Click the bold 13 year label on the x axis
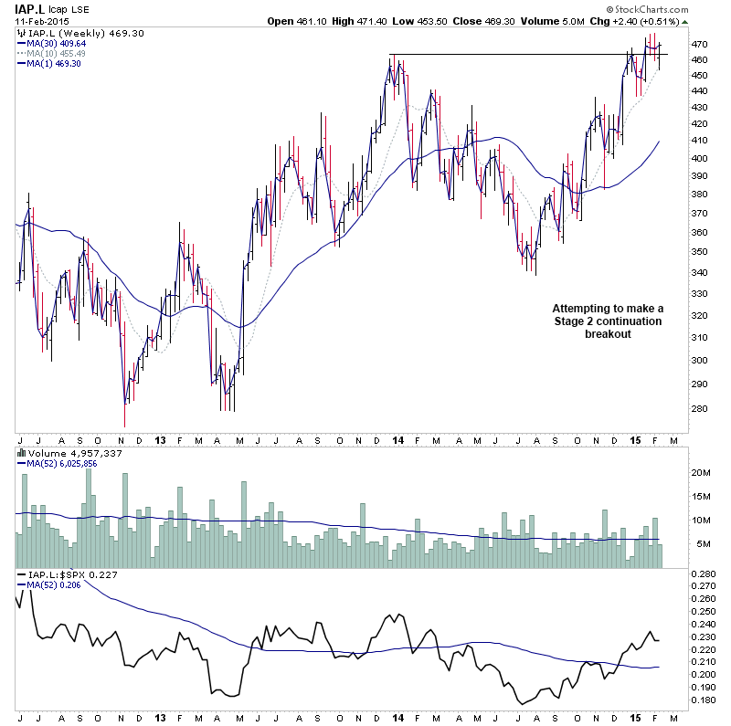pyautogui.click(x=159, y=441)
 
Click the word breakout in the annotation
pyautogui.click(x=608, y=334)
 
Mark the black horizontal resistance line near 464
pyautogui.click(x=512, y=55)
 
